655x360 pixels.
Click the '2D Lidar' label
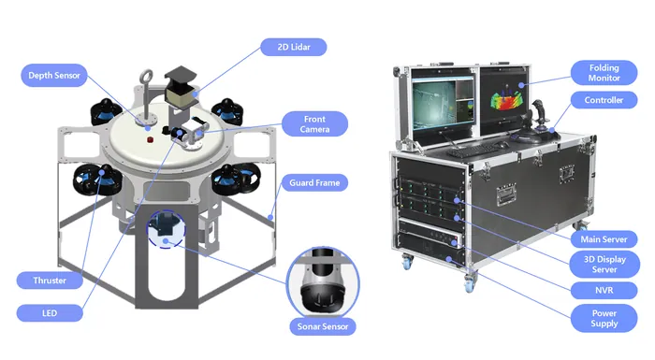(x=293, y=47)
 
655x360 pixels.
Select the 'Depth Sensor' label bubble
(x=54, y=76)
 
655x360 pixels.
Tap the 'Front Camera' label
(x=314, y=124)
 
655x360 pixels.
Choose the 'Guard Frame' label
(x=314, y=183)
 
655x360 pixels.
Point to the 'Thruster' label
(x=50, y=281)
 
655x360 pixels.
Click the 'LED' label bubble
(x=50, y=313)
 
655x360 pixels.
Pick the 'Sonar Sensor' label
(x=323, y=326)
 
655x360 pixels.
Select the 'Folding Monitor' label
(x=604, y=73)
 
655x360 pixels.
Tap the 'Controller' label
(x=604, y=100)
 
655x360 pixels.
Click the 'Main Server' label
(x=604, y=239)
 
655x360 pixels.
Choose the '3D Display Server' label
(x=604, y=265)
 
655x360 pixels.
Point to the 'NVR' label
(x=604, y=290)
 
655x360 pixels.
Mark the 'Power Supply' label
(x=604, y=318)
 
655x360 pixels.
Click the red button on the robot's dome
(x=150, y=139)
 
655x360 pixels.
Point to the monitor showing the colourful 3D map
(x=503, y=100)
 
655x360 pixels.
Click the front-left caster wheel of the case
(x=407, y=262)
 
